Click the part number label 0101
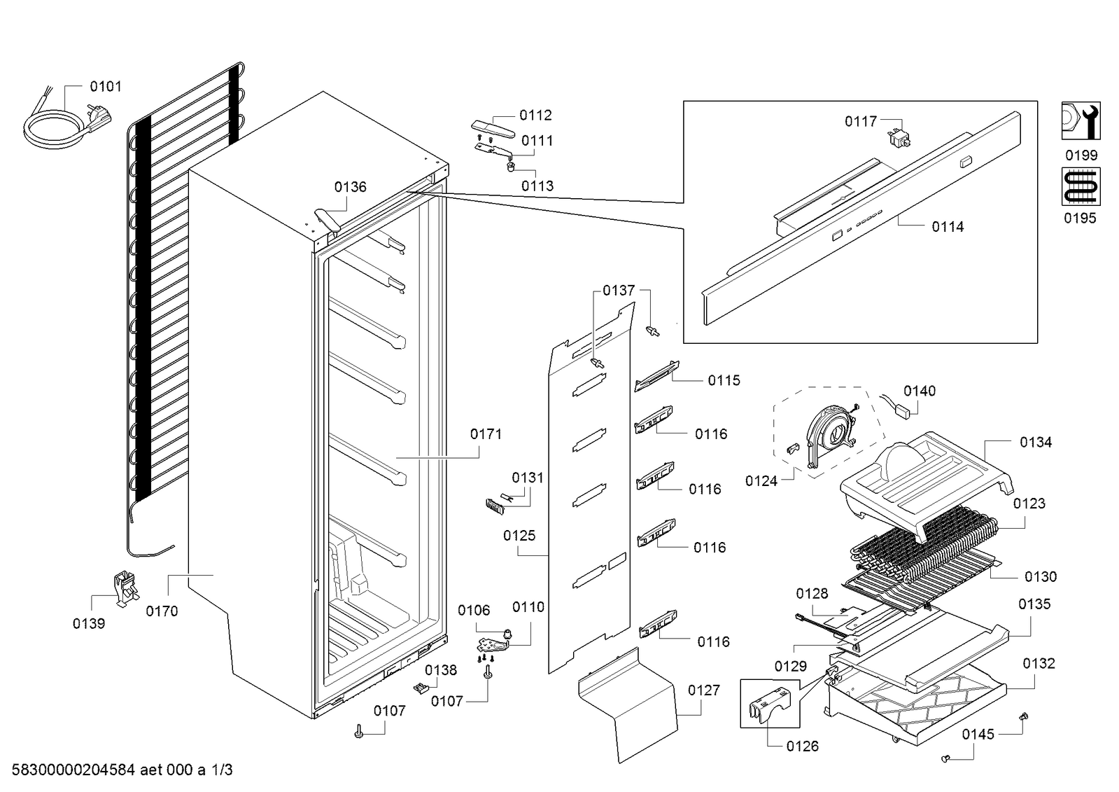[106, 87]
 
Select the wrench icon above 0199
[1081, 121]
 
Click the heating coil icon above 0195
[1081, 186]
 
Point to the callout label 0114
[948, 227]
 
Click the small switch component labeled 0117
[899, 139]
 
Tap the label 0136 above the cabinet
[350, 187]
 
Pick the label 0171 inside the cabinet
[486, 434]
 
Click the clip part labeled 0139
[127, 589]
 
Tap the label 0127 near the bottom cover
[704, 690]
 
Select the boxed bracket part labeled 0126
[769, 704]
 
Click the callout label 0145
[978, 735]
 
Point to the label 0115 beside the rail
[724, 380]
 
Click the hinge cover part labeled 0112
[493, 129]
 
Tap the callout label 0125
[519, 536]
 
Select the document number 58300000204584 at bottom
[73, 770]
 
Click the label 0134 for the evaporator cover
[1036, 442]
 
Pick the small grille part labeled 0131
[495, 506]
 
